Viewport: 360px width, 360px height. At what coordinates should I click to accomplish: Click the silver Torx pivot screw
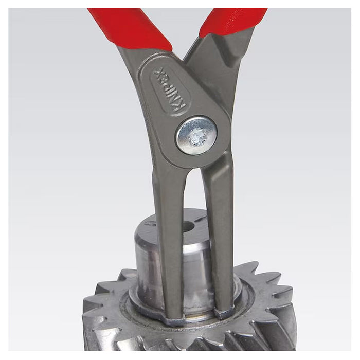(196, 135)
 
